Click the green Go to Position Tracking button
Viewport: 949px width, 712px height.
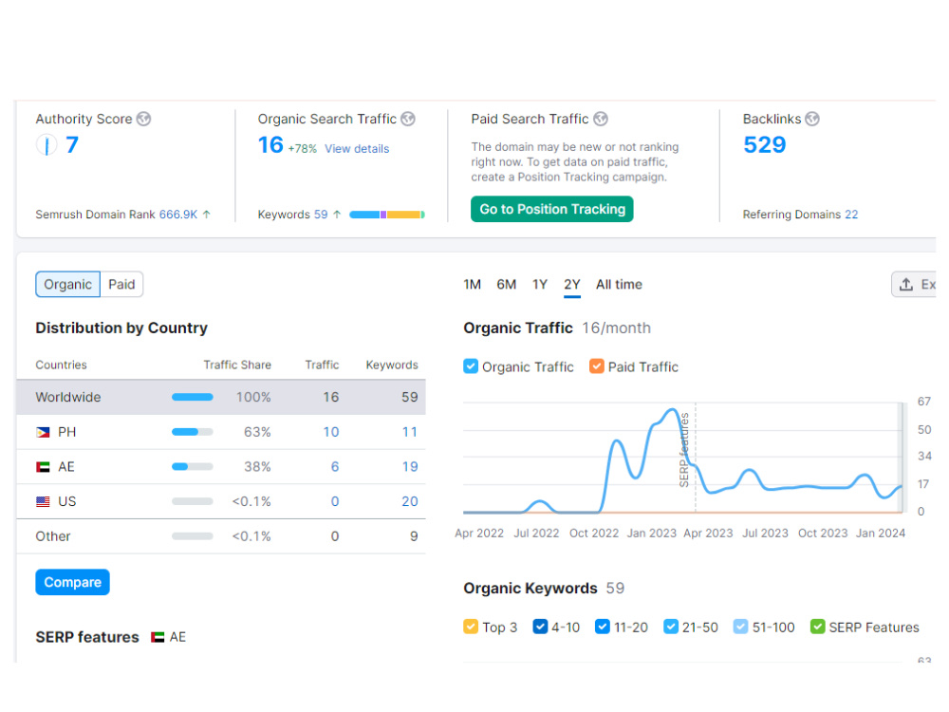pos(552,209)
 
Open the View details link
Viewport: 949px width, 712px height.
pos(357,149)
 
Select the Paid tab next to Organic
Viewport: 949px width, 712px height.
pos(121,285)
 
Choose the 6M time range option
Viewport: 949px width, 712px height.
pos(507,285)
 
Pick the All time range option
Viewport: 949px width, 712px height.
pos(619,285)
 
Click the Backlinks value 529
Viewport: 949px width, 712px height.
pos(764,144)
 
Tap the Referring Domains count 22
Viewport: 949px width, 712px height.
pos(851,215)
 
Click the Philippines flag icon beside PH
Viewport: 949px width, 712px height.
pos(43,432)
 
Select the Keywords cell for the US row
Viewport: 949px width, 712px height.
pos(410,501)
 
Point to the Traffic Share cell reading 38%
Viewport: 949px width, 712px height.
pos(257,467)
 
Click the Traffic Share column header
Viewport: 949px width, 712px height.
pos(237,365)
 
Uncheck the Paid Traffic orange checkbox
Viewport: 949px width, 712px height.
pos(597,366)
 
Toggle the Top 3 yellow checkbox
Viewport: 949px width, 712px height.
pos(471,627)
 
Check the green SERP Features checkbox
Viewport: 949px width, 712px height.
pos(818,627)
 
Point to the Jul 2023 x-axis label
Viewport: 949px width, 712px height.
pos(765,534)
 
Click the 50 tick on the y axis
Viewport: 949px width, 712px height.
pos(924,430)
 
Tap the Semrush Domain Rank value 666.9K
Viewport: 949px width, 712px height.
pos(178,215)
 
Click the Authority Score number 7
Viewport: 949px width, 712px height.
pos(72,144)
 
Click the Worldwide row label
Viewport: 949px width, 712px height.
pos(68,397)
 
